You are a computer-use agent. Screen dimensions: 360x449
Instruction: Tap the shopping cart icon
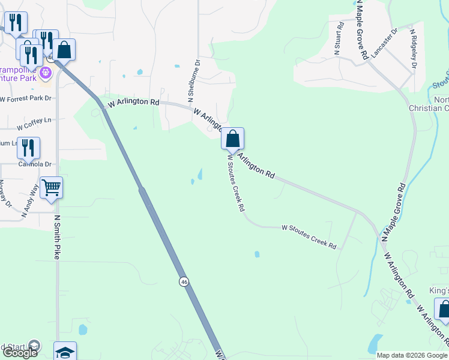[x=51, y=188]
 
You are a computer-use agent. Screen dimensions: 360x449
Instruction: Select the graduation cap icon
[x=65, y=352]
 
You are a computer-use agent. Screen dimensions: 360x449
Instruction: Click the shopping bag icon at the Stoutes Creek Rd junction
[x=232, y=139]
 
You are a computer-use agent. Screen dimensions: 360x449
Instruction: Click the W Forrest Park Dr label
[x=26, y=98]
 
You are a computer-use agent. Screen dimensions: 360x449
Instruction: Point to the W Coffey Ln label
[x=35, y=124]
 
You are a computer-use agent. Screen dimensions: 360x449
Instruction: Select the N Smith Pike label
[x=58, y=237]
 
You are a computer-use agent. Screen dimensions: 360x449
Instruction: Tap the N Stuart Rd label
[x=339, y=38]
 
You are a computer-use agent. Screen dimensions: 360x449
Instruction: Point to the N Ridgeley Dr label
[x=414, y=47]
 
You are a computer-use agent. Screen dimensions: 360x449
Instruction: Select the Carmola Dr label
[x=34, y=164]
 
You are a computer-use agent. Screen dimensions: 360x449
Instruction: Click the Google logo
[x=19, y=353]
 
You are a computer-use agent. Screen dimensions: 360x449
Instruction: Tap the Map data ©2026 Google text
[x=412, y=355]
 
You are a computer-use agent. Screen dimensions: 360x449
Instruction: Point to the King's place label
[x=439, y=290]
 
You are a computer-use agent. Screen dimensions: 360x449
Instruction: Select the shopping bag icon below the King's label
[x=443, y=310]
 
